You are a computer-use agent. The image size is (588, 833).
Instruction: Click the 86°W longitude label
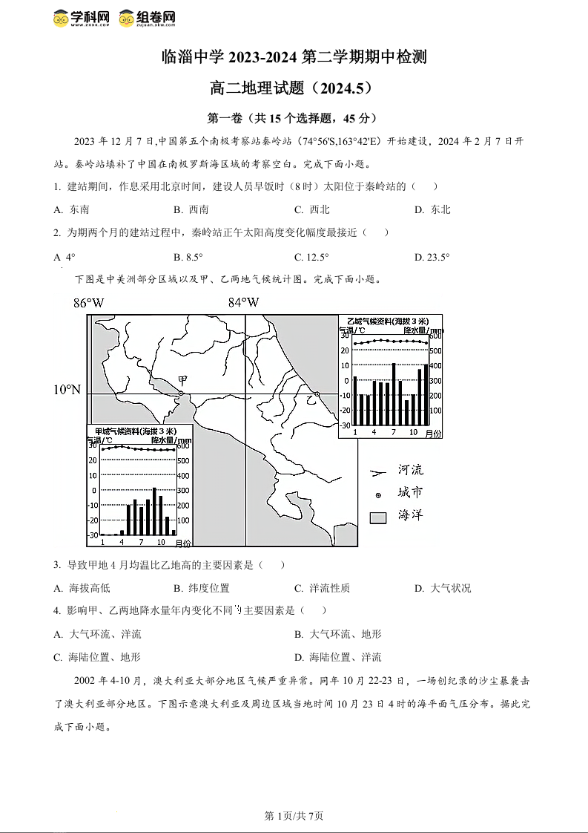88,303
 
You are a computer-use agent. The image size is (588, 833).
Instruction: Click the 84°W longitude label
243,303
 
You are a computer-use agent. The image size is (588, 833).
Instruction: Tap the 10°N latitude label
67,390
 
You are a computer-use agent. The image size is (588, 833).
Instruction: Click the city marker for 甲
181,393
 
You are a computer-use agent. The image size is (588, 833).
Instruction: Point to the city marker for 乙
317,393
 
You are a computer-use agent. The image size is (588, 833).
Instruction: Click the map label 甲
182,381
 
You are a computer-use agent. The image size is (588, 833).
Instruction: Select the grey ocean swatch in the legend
378,517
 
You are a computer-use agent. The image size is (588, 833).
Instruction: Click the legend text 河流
410,470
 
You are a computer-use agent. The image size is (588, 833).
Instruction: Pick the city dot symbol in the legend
378,494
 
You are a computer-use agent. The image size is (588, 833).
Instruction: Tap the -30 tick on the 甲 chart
92,535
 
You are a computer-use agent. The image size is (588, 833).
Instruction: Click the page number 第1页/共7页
294,816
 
